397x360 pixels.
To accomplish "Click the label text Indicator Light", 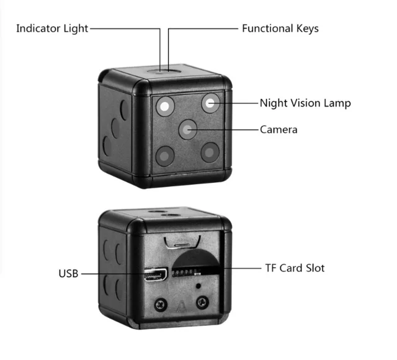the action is tap(52, 29).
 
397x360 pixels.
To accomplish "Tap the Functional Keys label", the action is tap(280, 29).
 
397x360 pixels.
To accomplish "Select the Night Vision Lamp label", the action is tap(305, 103).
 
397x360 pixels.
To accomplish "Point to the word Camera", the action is tap(279, 130).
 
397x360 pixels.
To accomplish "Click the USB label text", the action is tap(68, 273).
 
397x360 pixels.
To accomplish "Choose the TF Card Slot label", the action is tap(295, 268).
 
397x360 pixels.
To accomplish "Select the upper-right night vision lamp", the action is tap(211, 102).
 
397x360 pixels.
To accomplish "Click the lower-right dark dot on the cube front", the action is tap(210, 152).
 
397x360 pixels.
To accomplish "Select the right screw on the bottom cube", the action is tap(201, 302).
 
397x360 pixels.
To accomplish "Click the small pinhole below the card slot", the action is tap(197, 287).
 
